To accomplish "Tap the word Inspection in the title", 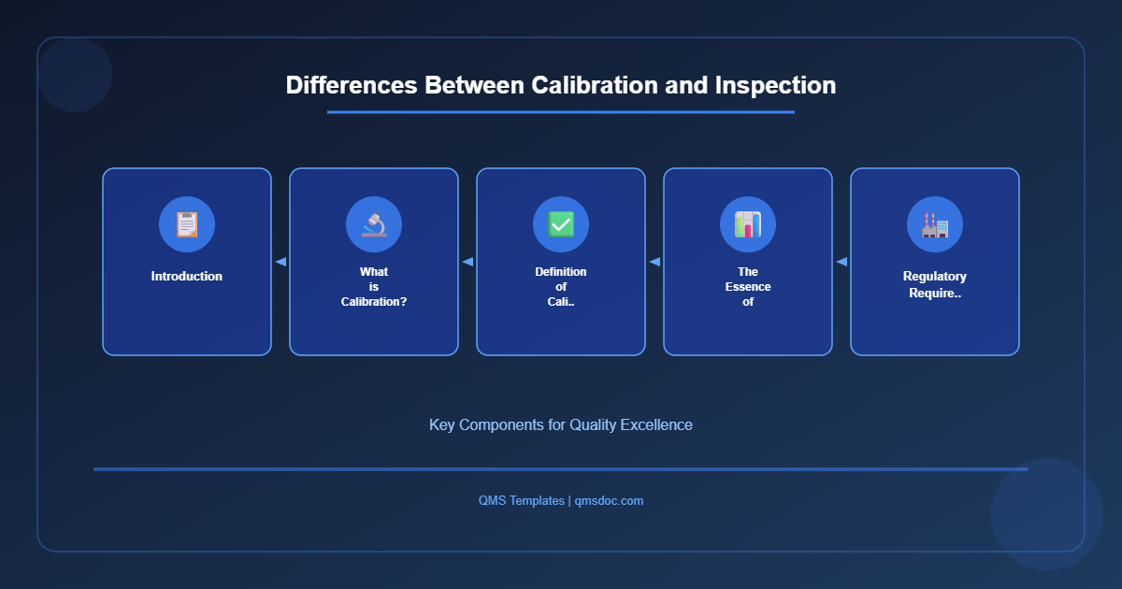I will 775,85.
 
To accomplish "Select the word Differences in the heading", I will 352,85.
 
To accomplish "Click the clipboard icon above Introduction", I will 187,224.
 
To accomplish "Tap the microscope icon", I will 374,224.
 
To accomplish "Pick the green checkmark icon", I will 561,224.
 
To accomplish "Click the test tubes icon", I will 748,224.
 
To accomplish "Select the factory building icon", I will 935,224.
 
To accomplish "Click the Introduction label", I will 187,277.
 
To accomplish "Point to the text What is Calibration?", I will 374,286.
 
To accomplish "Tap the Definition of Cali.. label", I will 561,286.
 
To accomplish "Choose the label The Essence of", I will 748,286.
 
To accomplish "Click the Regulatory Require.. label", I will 935,284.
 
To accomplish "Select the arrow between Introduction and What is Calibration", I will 280,262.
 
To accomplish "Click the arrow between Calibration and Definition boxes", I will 467,262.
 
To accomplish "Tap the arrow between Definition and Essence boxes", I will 654,262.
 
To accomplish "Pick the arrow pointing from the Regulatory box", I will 841,262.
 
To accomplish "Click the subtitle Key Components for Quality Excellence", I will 561,424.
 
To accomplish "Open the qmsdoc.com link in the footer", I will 609,501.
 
